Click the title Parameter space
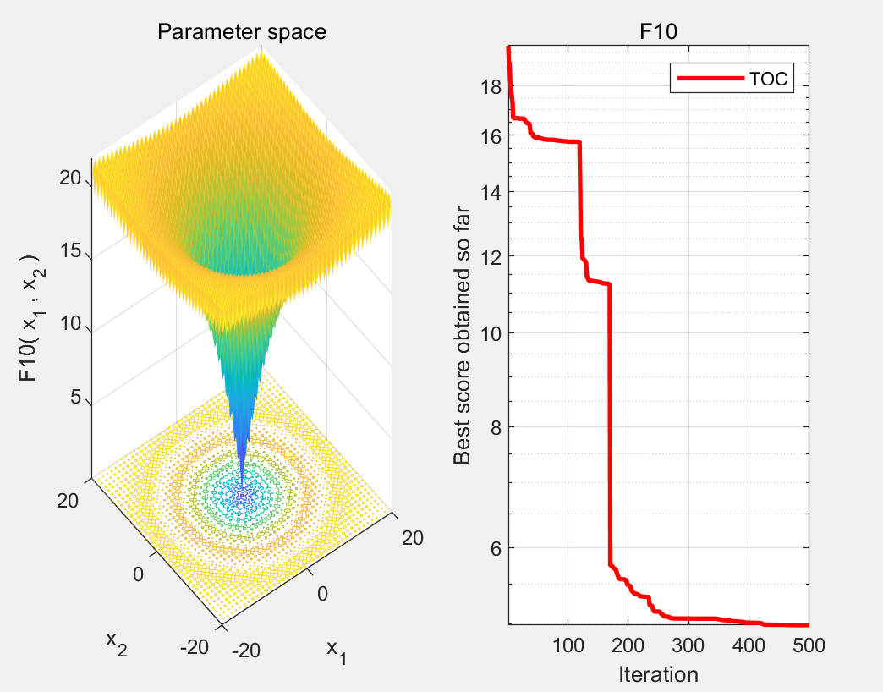(x=242, y=32)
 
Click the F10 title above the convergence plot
(x=658, y=32)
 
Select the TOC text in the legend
(x=768, y=80)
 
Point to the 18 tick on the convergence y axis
(x=491, y=87)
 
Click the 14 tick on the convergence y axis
(x=491, y=192)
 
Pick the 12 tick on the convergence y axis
(x=491, y=256)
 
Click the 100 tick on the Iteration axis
(x=568, y=646)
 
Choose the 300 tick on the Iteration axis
(x=688, y=646)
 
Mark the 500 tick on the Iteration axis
(x=808, y=646)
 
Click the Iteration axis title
(x=658, y=674)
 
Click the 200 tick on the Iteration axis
(x=628, y=646)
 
